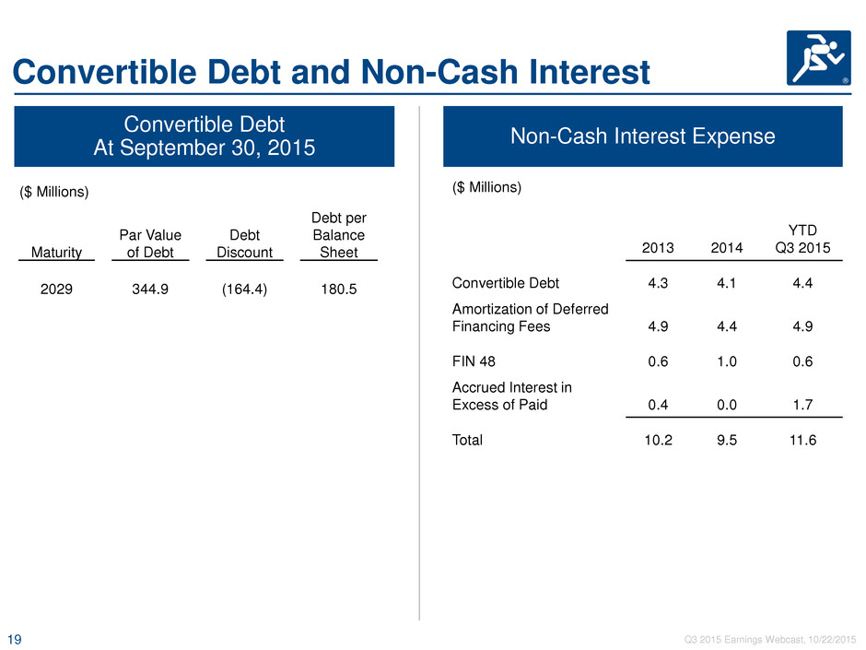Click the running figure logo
pyautogui.click(x=818, y=58)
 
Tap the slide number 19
pyautogui.click(x=15, y=640)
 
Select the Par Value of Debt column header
pyautogui.click(x=150, y=243)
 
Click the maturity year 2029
pyautogui.click(x=56, y=290)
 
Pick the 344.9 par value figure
pyautogui.click(x=150, y=290)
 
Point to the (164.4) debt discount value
pyautogui.click(x=245, y=290)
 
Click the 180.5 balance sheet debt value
pyautogui.click(x=339, y=290)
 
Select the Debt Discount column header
pyautogui.click(x=245, y=243)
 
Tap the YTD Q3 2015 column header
pyautogui.click(x=802, y=239)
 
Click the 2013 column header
pyautogui.click(x=658, y=248)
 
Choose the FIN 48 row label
pyautogui.click(x=474, y=361)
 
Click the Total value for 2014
pyautogui.click(x=727, y=440)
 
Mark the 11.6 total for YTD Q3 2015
pyautogui.click(x=802, y=440)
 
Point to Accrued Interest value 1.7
pyautogui.click(x=802, y=405)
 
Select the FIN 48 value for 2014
pyautogui.click(x=727, y=361)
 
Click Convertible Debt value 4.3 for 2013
pyautogui.click(x=658, y=283)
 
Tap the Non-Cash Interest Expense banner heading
pyautogui.click(x=643, y=136)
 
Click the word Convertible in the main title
pyautogui.click(x=104, y=73)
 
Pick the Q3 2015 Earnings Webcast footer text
pyautogui.click(x=770, y=640)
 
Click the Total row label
pyautogui.click(x=467, y=440)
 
